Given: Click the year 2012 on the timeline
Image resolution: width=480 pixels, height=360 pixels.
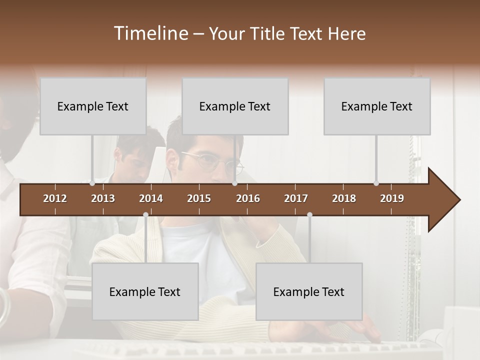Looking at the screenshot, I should (55, 198).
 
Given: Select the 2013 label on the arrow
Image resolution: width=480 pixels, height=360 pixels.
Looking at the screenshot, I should (103, 198).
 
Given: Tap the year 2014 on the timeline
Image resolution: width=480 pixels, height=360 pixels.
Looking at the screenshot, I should (151, 198).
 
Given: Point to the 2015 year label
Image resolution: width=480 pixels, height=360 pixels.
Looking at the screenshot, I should (199, 198).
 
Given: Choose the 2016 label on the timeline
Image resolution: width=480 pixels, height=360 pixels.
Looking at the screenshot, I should (248, 198).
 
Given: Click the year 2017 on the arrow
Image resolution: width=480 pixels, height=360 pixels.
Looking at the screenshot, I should (296, 198).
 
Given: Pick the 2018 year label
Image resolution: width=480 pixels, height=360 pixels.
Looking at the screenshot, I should (344, 198).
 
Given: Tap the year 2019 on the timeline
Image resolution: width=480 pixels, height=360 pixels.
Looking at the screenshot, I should (392, 198).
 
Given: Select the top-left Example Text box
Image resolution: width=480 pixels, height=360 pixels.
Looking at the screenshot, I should (93, 106).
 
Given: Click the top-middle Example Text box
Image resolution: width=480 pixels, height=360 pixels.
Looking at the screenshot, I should (235, 106).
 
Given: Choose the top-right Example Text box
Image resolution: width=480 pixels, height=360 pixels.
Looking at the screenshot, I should (377, 106).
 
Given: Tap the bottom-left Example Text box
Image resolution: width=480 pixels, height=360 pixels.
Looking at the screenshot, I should (145, 292).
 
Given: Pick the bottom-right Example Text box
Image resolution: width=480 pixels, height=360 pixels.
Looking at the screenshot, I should (309, 292).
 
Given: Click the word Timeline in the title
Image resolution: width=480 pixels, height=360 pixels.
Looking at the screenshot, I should (150, 33).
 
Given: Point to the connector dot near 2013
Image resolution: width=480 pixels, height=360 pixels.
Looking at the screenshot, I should (92, 183).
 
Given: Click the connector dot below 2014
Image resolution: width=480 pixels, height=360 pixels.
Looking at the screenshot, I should (145, 215).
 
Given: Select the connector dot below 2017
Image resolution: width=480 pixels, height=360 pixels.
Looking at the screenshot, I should (309, 215).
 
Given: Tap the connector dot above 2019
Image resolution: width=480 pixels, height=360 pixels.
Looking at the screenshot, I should (376, 183).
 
